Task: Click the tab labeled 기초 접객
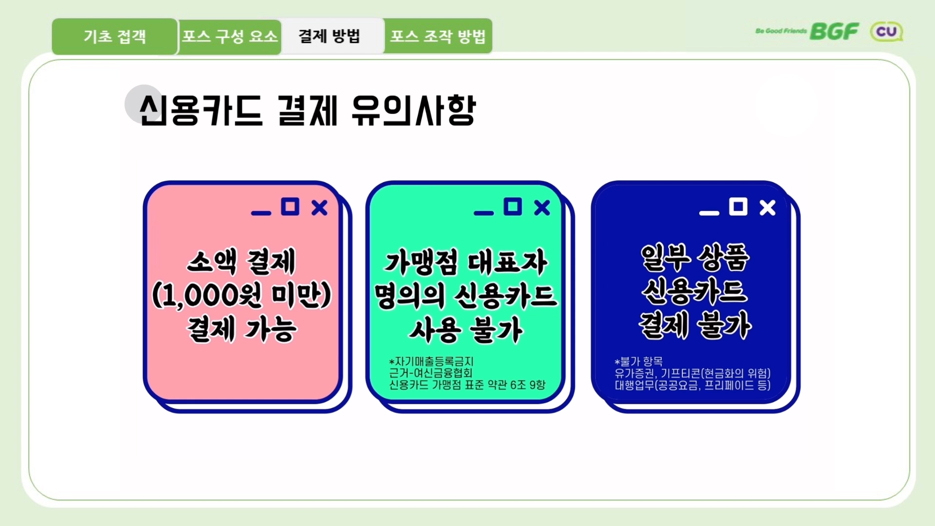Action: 114,37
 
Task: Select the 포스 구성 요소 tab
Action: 230,37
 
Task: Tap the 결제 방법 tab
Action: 329,36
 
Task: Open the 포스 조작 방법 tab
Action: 438,37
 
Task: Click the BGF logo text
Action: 834,32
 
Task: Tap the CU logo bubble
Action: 886,32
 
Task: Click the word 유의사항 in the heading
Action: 413,111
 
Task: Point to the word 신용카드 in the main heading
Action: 201,111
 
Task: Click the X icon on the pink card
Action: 319,208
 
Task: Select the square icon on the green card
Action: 512,207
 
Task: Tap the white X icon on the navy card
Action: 767,208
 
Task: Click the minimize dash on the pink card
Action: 261,213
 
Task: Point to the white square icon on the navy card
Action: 738,207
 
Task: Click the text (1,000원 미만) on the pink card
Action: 242,295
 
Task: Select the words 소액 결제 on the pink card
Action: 242,262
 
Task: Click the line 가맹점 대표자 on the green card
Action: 466,263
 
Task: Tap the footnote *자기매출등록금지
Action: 431,361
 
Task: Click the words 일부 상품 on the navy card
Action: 695,257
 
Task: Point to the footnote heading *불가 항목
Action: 638,361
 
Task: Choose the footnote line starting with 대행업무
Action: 692,385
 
